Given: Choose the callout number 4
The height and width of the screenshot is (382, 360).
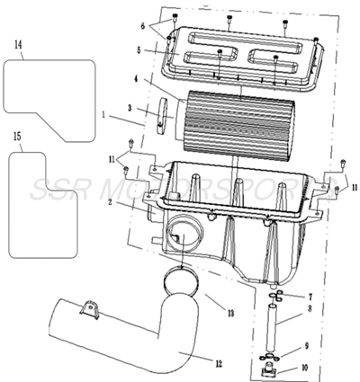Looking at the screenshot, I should point(137,79).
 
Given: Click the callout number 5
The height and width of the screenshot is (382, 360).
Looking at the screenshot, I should point(139,50).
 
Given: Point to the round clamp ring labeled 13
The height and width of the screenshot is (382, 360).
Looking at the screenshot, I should point(185,283).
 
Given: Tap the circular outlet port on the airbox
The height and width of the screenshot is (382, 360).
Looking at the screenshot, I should point(180,241).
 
